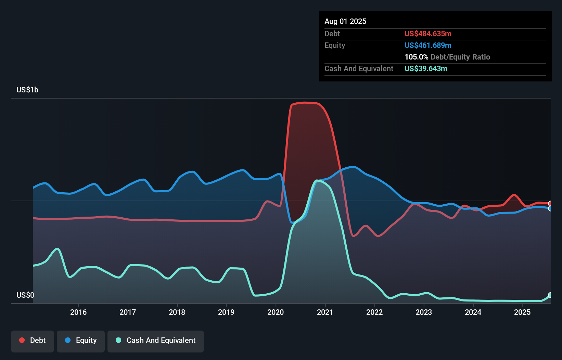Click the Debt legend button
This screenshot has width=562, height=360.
point(33,341)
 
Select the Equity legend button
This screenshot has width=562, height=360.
point(81,341)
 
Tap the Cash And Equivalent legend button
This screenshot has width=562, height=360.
point(156,341)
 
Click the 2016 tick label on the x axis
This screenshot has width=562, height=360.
point(78,312)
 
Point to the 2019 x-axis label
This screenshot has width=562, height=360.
point(226,312)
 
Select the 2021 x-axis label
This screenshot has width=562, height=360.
point(325,312)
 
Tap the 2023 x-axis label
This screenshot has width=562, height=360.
point(424,312)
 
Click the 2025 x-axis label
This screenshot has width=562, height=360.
point(522,312)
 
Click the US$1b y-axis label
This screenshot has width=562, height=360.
point(27,90)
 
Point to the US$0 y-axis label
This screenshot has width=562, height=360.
point(25,295)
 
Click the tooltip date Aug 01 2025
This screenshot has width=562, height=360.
point(345,22)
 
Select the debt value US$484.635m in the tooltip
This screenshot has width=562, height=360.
point(428,34)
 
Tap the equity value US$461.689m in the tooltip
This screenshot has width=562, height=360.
point(428,45)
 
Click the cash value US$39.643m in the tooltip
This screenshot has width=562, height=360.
point(426,68)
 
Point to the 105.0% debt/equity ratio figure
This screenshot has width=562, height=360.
point(416,57)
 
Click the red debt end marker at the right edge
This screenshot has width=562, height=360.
point(550,204)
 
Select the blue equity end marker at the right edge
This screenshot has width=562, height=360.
point(550,208)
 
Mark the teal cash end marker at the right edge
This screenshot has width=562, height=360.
point(550,295)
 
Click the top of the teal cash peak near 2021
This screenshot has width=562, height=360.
point(318,180)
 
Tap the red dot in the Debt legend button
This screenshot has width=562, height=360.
point(22,340)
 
